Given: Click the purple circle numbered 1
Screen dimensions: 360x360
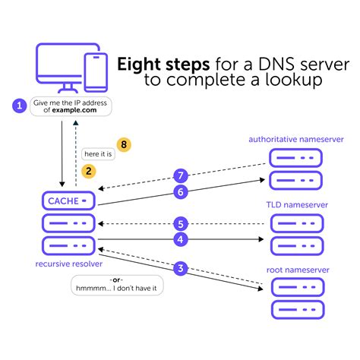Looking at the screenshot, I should coord(19,106).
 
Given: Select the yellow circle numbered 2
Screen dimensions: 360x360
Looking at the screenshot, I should coord(90,171).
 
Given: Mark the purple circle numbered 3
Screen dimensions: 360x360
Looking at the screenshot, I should coord(181,267).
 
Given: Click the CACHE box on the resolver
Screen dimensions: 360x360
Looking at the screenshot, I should coord(68,200).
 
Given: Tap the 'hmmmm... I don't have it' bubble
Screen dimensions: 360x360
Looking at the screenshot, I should coord(118,289).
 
